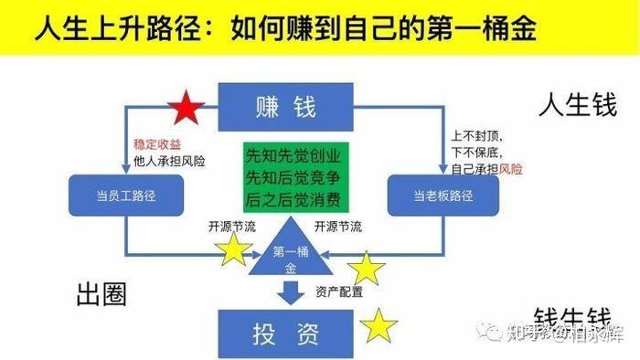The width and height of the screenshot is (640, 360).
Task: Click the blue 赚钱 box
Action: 286,107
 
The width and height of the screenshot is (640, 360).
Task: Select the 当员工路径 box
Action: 127,195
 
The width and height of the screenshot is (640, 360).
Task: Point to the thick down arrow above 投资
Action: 291,293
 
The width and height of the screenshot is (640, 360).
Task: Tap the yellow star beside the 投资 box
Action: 379,326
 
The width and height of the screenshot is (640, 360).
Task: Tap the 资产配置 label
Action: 339,292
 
